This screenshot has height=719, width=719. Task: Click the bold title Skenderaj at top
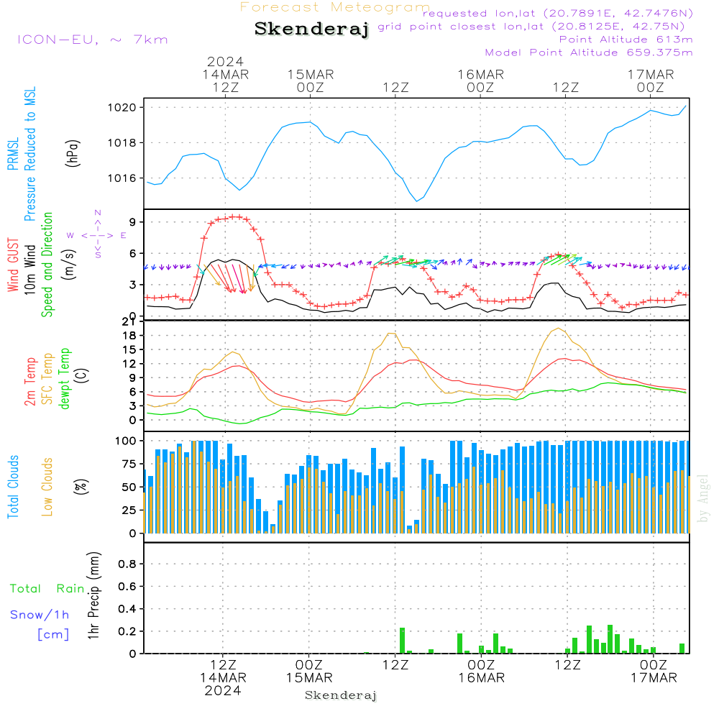tap(311, 29)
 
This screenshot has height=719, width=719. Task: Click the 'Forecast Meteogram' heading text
tap(335, 7)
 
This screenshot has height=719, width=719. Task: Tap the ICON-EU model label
tap(92, 40)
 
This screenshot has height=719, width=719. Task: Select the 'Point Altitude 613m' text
tap(626, 40)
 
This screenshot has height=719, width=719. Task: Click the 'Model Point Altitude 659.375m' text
tap(589, 52)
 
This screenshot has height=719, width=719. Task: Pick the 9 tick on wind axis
tap(133, 221)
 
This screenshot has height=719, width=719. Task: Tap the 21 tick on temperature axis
tap(130, 321)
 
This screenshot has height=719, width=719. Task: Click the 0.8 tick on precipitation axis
tap(127, 564)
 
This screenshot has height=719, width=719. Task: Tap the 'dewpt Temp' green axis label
tap(65, 379)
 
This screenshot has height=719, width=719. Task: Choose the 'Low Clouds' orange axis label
tap(47, 486)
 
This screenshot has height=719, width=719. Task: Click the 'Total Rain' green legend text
tap(47, 588)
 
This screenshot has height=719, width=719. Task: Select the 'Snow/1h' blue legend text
tap(40, 615)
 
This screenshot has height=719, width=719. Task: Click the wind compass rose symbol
tap(97, 234)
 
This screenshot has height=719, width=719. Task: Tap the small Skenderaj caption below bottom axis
tap(341, 695)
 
